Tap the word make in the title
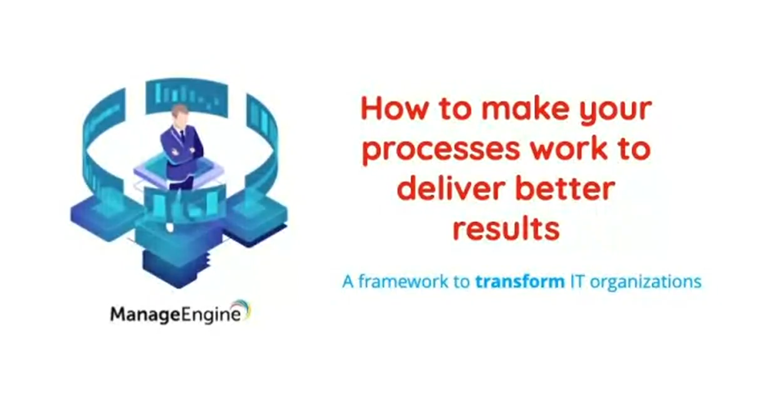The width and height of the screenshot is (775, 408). [526, 108]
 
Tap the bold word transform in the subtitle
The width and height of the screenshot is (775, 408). [520, 282]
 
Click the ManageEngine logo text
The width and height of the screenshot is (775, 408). [175, 315]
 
